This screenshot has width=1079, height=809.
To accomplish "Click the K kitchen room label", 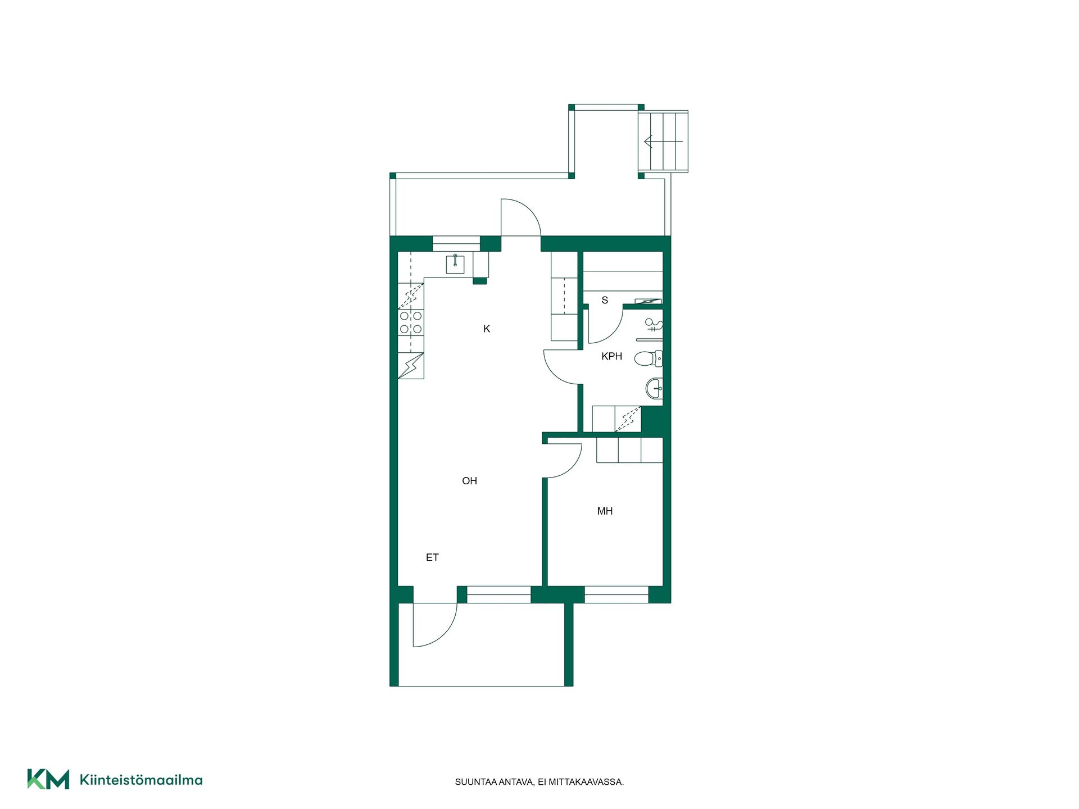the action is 487,329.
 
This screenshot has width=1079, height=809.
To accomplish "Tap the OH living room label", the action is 469,481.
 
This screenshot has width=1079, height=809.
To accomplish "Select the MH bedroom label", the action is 605,511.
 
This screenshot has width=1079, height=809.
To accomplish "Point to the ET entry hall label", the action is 432,557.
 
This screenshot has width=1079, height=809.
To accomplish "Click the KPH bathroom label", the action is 611,356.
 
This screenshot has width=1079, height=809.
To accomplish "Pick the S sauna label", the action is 605,300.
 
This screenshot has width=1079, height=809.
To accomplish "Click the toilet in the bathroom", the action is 649,358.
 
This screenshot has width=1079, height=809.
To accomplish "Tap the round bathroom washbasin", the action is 654,388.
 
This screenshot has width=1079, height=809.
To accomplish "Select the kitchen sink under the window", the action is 455,263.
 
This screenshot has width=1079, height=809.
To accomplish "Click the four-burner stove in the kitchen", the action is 411,322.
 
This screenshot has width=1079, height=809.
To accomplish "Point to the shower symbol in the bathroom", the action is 653,325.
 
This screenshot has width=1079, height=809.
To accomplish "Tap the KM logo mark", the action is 48,779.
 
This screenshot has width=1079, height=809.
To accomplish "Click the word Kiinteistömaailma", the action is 141,780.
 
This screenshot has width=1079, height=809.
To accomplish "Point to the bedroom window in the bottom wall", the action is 616,594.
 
